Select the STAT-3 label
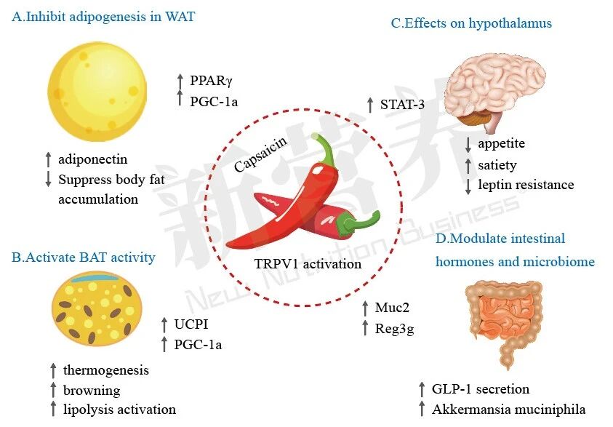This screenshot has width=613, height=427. coord(402,105)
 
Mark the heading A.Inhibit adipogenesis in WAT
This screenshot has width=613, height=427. coord(103,16)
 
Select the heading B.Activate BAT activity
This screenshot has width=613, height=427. coord(83,257)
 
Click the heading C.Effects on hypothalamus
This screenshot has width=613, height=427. coord(471,23)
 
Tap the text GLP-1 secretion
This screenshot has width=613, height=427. coord(480,389)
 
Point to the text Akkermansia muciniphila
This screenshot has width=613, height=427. coord(508,409)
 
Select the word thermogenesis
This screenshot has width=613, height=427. coord(105,370)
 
